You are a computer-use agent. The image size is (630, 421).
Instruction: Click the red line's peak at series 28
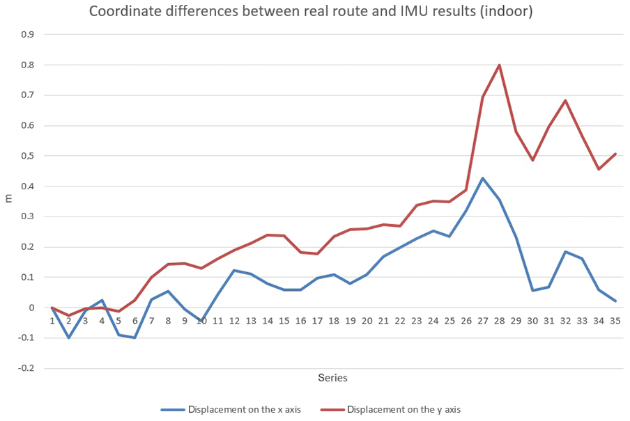[499, 65]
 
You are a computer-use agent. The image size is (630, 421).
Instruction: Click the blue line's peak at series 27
[482, 178]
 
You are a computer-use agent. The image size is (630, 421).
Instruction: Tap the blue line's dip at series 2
[68, 337]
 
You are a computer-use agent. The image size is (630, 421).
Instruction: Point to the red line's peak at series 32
[565, 100]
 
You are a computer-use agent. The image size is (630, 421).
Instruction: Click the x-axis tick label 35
[615, 321]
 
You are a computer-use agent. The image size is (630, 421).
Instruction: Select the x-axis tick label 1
[52, 321]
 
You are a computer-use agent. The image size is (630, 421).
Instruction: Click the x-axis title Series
[332, 378]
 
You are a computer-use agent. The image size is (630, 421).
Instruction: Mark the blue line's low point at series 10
[201, 321]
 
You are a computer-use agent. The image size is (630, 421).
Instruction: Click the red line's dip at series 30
[532, 160]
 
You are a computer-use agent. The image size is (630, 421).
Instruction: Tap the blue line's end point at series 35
[615, 301]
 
